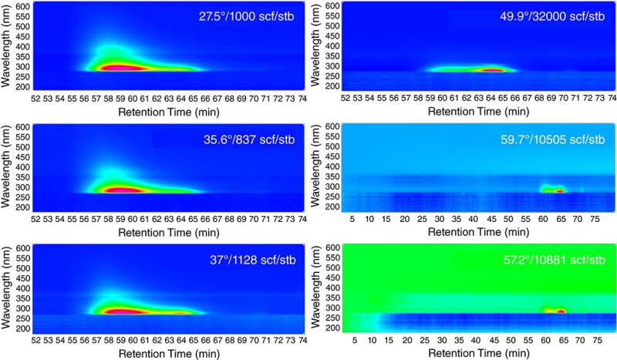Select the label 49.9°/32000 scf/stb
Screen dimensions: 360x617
click(x=555, y=18)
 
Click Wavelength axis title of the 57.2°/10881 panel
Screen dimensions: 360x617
click(x=318, y=289)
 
